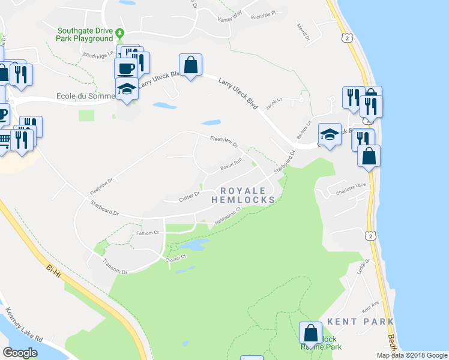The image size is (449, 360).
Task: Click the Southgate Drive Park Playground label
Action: [x=85, y=35]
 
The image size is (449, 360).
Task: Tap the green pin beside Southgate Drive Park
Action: [x=120, y=32]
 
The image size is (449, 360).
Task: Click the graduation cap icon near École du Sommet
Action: [x=127, y=89]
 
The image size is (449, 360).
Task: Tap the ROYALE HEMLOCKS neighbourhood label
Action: [x=245, y=194]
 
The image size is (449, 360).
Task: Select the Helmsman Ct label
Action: [x=228, y=217]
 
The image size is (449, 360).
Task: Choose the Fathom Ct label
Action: [x=147, y=232]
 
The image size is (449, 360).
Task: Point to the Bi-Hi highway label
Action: [x=53, y=268]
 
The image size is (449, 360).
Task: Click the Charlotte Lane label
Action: [x=351, y=187]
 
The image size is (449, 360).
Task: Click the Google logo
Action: [x=20, y=352]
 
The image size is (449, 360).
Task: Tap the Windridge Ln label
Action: [x=97, y=55]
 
